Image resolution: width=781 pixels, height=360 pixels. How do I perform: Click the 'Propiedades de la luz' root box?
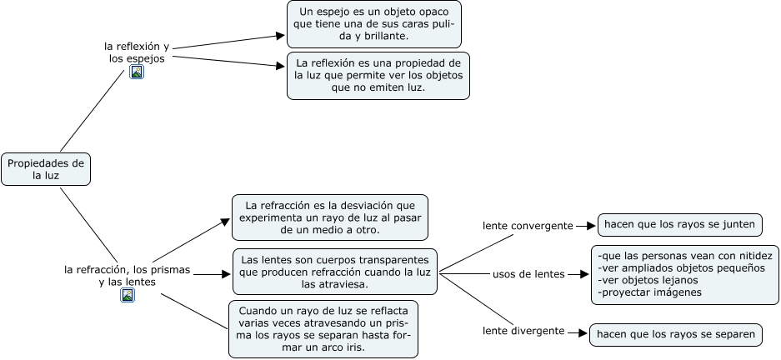click(45, 169)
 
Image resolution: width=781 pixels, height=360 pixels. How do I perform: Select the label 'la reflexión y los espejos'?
click(137, 52)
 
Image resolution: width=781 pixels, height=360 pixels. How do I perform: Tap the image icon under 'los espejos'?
click(137, 72)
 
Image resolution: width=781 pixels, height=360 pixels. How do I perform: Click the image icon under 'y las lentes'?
click(128, 295)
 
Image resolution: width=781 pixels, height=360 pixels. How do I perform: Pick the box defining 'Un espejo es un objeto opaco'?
click(374, 23)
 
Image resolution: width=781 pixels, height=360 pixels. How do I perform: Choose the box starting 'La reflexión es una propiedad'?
click(378, 75)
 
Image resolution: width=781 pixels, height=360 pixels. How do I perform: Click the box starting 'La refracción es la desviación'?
click(330, 217)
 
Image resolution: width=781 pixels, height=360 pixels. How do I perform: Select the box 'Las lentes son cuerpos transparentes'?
click(335, 271)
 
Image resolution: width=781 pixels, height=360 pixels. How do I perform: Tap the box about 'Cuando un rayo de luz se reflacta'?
click(323, 328)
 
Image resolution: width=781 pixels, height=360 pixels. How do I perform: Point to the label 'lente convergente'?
click(528, 226)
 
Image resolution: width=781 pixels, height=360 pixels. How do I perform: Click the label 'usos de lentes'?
click(528, 274)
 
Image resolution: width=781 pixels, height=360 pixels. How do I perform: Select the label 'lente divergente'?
click(523, 331)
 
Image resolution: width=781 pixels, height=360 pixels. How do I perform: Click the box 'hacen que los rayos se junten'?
click(679, 224)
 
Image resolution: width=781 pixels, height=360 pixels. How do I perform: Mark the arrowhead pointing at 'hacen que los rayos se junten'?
click(593, 225)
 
